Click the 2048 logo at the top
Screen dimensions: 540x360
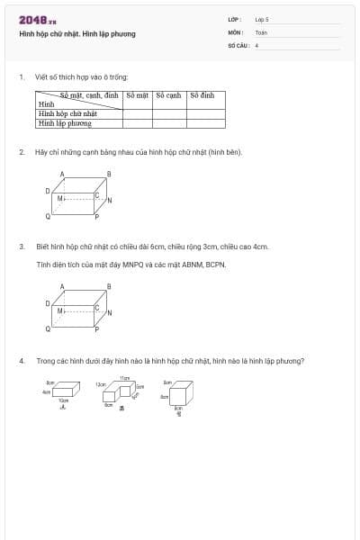[x=37, y=20]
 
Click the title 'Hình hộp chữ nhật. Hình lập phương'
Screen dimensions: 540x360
[x=77, y=34]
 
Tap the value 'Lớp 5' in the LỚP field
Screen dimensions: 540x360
[x=262, y=19]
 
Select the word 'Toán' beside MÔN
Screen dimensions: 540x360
[x=261, y=31]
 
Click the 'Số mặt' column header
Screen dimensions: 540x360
[x=137, y=95]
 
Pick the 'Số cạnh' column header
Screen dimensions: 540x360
[x=168, y=95]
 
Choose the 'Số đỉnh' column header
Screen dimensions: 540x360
[x=202, y=95]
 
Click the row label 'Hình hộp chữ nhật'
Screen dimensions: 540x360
[x=67, y=113]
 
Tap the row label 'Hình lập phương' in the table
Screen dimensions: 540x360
[x=64, y=122]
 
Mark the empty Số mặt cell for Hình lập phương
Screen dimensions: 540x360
[x=137, y=122]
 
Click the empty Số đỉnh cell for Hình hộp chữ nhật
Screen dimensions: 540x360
[x=206, y=113]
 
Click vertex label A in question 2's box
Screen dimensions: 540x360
[x=62, y=174]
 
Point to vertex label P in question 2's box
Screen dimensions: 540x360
[x=96, y=217]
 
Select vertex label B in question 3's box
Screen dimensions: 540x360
[x=109, y=287]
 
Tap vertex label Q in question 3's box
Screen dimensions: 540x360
[x=49, y=329]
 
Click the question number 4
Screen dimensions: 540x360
[x=21, y=361]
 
